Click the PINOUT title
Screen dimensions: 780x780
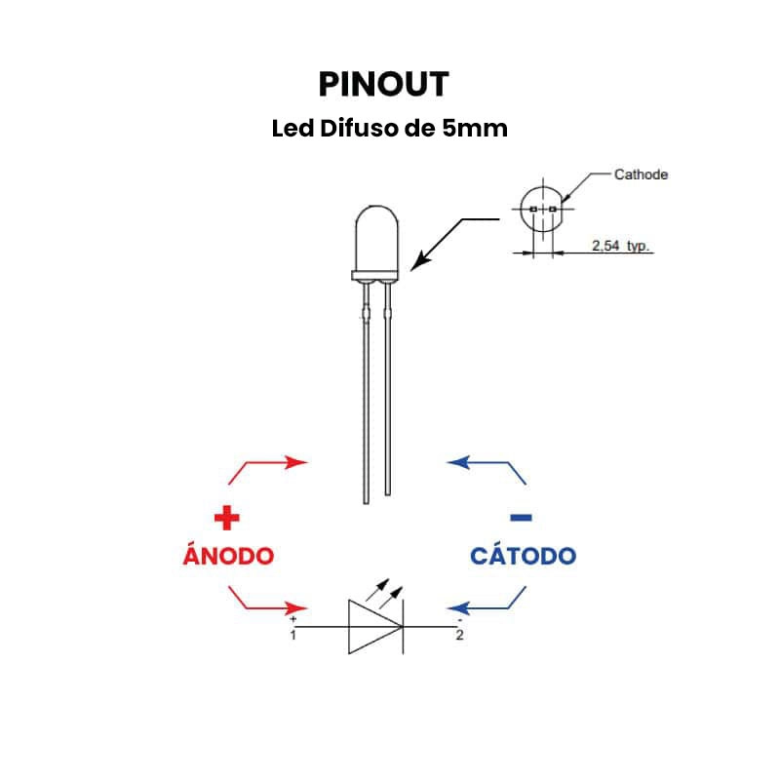coord(383,85)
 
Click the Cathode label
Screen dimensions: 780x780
coord(641,175)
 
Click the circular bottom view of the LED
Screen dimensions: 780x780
coord(542,210)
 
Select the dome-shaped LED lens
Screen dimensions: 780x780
coord(376,239)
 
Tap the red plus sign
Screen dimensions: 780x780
coord(226,517)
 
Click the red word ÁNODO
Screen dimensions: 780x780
coord(228,556)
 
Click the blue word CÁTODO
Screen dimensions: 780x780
coord(523,556)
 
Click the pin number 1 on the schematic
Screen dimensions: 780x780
coord(293,636)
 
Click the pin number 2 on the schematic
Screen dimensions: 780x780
coord(459,636)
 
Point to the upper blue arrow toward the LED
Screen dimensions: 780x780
coord(487,466)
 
